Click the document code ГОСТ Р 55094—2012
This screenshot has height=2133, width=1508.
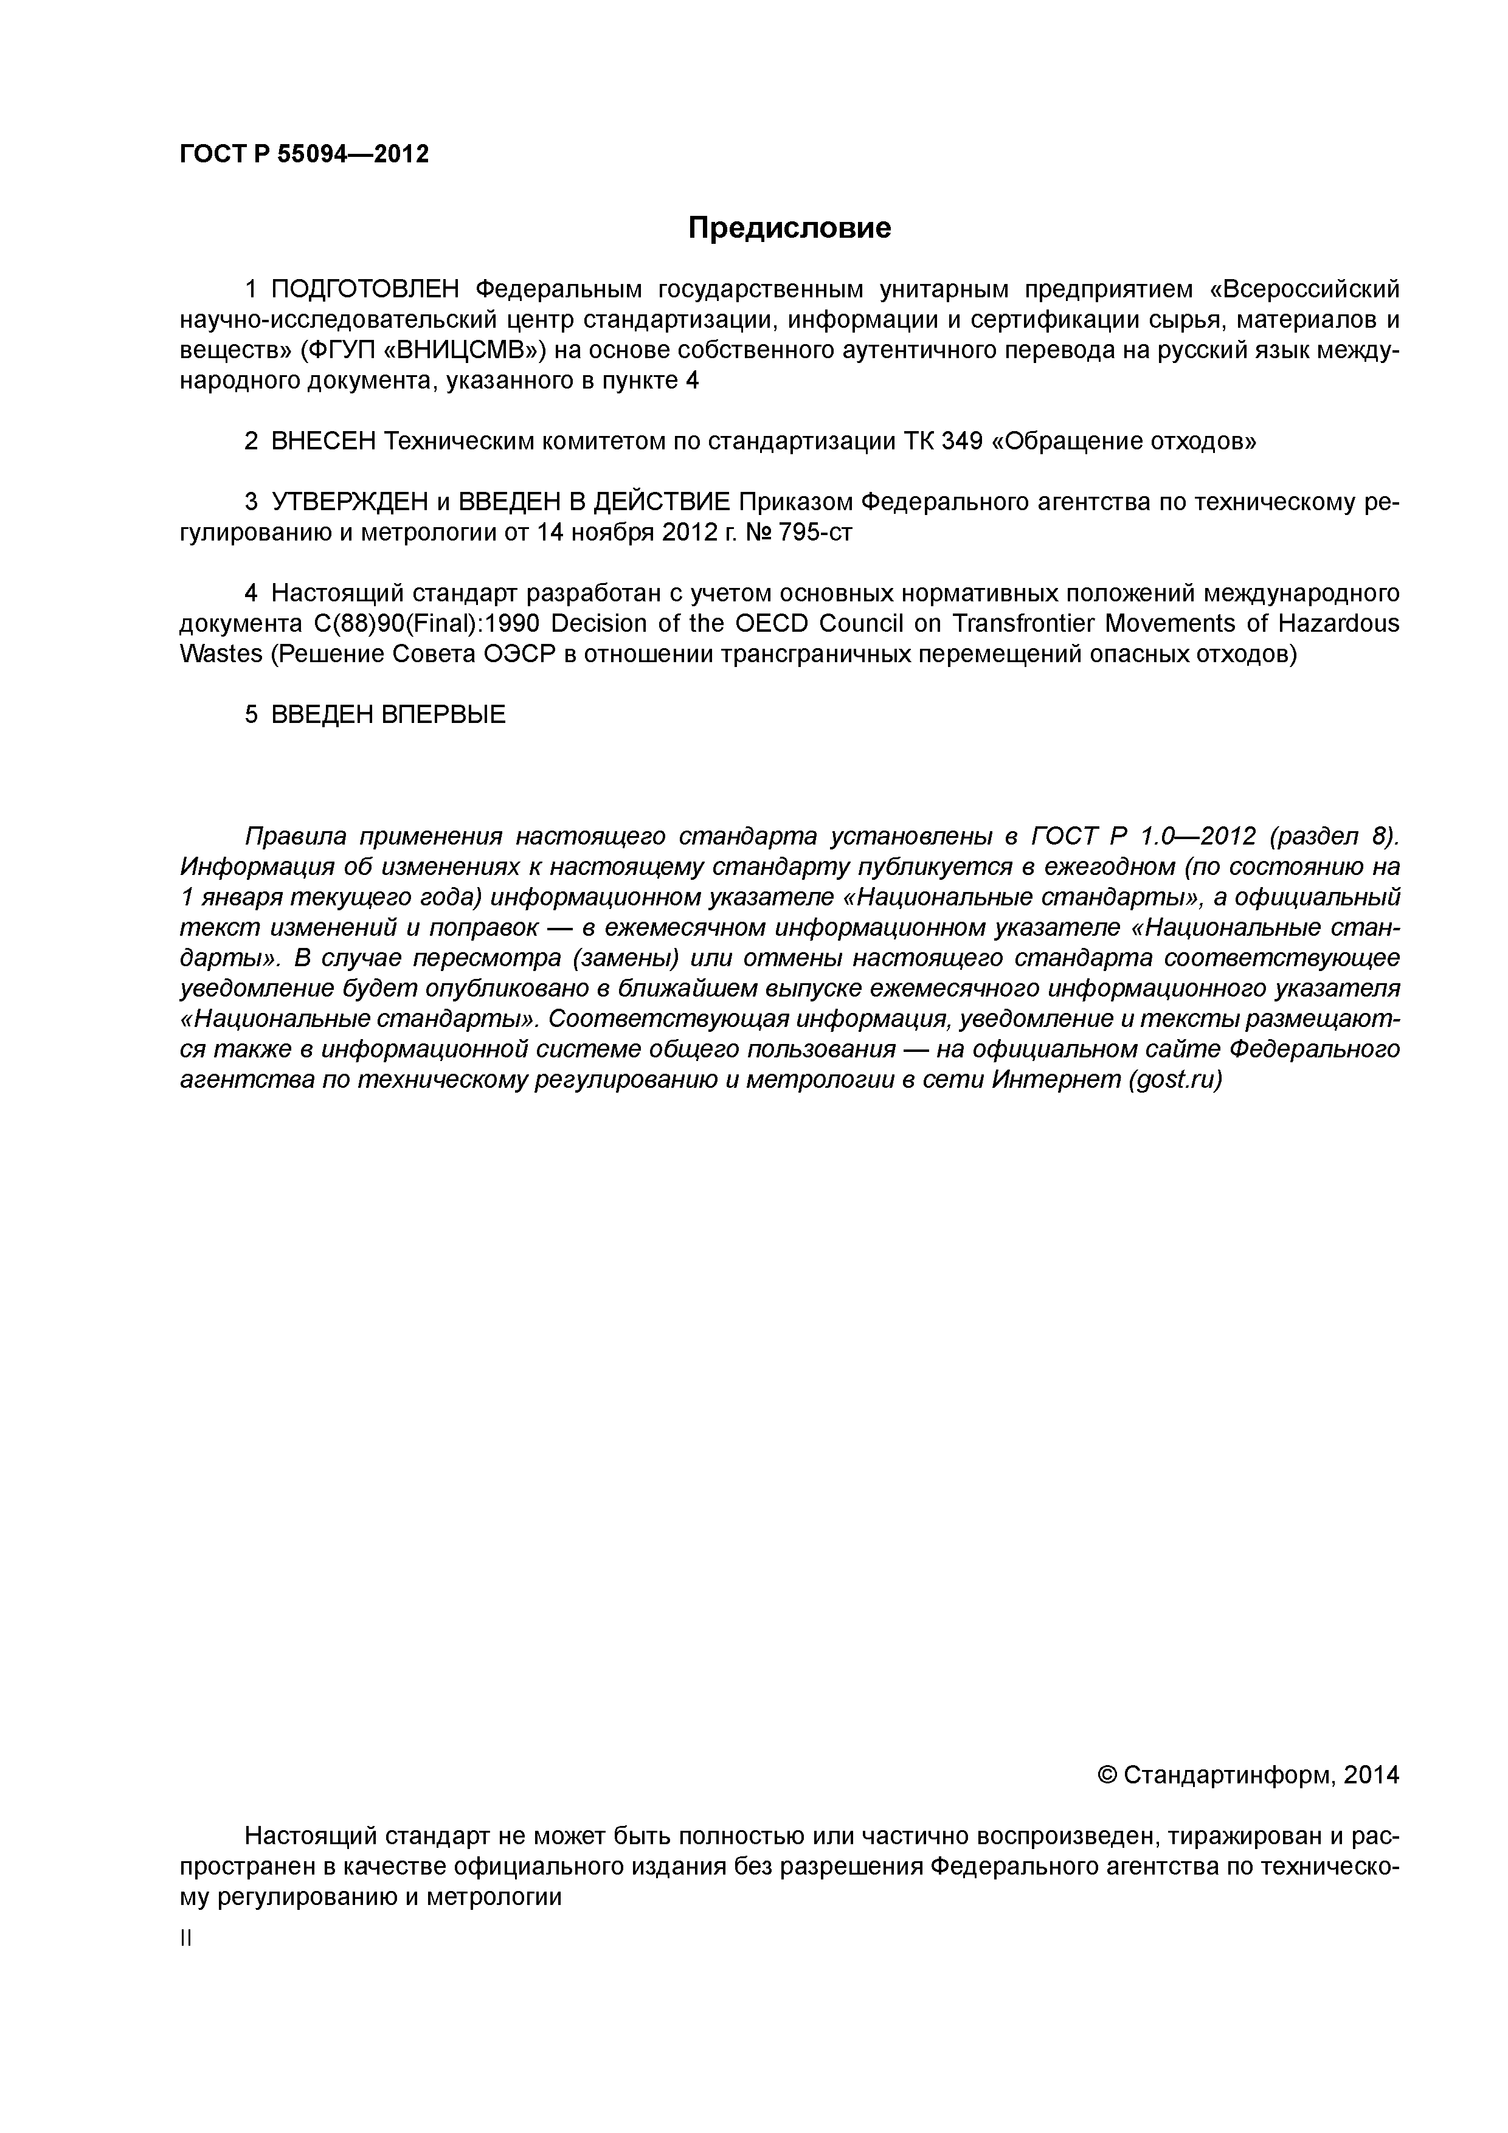pos(304,154)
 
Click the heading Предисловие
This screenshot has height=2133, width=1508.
pos(789,227)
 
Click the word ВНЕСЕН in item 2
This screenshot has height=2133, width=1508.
pos(323,441)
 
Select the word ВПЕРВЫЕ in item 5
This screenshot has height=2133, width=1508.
pos(444,714)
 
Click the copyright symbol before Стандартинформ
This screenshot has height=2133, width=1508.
pos(1107,1775)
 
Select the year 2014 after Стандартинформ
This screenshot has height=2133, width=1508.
pos(1371,1775)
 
